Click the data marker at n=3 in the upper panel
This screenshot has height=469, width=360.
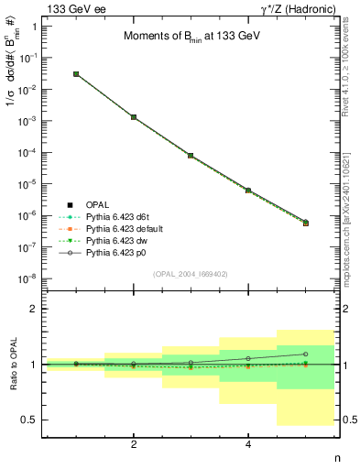[191, 156]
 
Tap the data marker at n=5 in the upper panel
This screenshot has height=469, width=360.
[305, 223]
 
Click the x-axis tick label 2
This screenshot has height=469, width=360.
[134, 444]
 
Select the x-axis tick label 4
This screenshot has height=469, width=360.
[248, 444]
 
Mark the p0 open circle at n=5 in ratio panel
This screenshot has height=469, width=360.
[305, 354]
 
